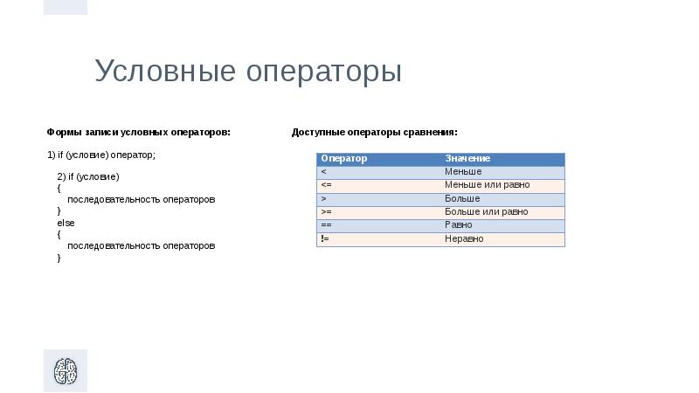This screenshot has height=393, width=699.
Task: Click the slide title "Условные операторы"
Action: click(248, 72)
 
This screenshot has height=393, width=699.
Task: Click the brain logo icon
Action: click(66, 371)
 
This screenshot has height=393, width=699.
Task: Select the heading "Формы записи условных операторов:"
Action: click(138, 133)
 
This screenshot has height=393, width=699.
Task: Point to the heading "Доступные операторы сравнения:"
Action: click(374, 133)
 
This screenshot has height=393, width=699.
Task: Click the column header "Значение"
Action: click(467, 158)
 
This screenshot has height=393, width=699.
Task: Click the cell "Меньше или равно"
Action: click(487, 185)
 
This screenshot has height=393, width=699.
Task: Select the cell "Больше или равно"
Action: click(486, 211)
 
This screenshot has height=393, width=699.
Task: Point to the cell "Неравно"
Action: click(464, 238)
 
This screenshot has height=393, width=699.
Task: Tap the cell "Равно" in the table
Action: click(459, 225)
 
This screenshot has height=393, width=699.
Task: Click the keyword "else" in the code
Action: click(66, 224)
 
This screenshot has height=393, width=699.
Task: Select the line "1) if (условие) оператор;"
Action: click(100, 155)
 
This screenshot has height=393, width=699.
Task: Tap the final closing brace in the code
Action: click(59, 259)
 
